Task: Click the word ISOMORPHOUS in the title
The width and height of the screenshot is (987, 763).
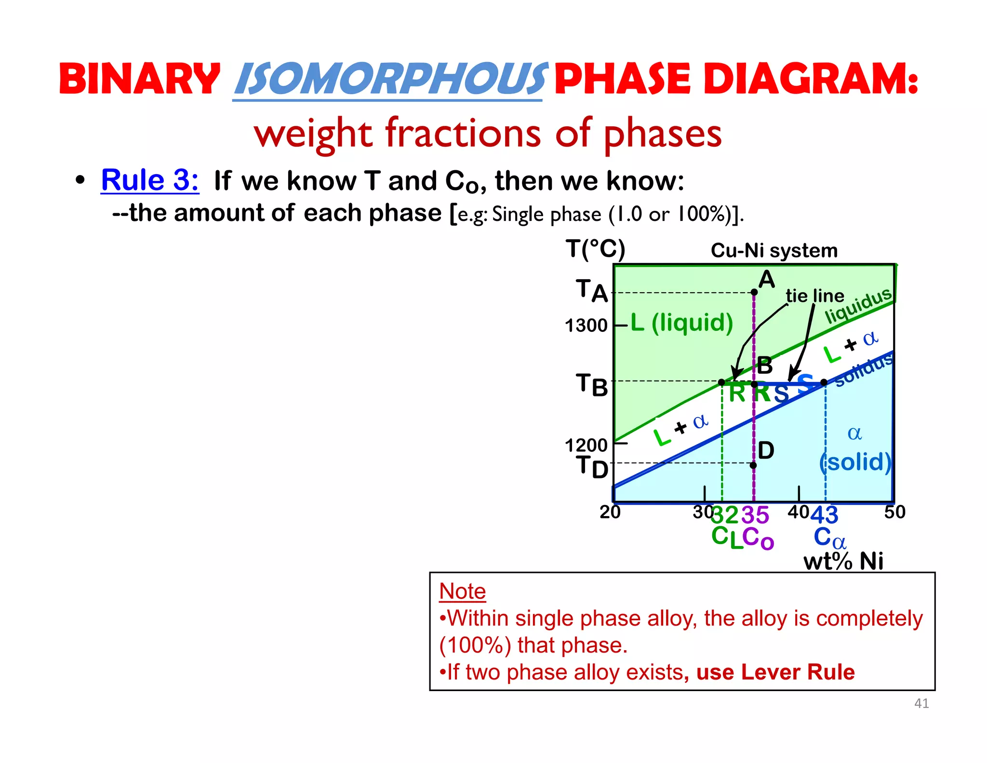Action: tap(389, 80)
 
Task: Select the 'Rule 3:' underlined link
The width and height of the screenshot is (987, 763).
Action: tap(150, 180)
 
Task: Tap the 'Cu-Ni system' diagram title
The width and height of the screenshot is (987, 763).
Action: tap(774, 251)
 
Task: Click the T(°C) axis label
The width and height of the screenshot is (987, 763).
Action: tap(595, 249)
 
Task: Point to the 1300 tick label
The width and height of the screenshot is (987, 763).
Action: tap(586, 326)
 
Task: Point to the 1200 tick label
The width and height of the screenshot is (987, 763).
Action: tap(586, 445)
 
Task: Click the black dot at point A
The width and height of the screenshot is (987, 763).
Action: tap(754, 292)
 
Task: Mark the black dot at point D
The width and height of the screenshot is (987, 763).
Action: tap(753, 465)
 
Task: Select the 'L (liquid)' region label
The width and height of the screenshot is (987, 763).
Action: tap(681, 322)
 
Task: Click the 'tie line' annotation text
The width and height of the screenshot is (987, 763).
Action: tap(814, 296)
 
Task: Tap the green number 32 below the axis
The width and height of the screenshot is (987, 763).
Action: tap(724, 515)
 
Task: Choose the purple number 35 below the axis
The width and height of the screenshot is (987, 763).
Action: tap(755, 515)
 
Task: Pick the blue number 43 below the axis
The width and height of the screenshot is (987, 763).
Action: tap(825, 515)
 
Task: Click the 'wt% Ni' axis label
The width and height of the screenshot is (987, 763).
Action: tap(843, 561)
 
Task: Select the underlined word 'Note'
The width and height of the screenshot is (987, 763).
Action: tap(462, 591)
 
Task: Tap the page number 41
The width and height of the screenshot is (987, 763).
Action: tap(921, 703)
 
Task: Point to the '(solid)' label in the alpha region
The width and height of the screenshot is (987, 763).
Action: tap(855, 462)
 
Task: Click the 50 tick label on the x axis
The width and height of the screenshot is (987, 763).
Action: tap(894, 512)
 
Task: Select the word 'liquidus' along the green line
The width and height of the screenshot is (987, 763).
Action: tap(858, 306)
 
